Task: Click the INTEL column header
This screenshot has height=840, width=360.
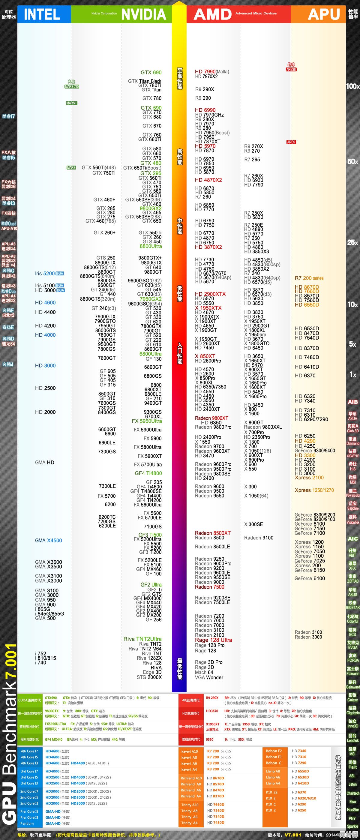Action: pyautogui.click(x=42, y=14)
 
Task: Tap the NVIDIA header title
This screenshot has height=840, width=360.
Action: pyautogui.click(x=143, y=14)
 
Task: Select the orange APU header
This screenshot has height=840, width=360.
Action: pyautogui.click(x=323, y=14)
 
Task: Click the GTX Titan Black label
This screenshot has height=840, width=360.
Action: pyautogui.click(x=145, y=81)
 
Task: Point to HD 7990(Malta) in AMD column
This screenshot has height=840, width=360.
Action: pyautogui.click(x=212, y=72)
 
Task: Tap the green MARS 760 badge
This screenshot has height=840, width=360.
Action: pyautogui.click(x=72, y=86)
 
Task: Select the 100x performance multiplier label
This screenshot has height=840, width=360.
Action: pyautogui.click(x=352, y=86)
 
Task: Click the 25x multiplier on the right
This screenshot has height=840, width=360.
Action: pyautogui.click(x=352, y=243)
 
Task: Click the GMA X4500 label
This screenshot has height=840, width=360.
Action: pyautogui.click(x=48, y=540)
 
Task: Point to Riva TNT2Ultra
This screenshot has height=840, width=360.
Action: pyautogui.click(x=142, y=639)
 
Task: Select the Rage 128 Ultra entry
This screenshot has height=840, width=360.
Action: pyautogui.click(x=213, y=640)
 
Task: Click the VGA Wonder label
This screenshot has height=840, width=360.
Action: pyautogui.click(x=209, y=677)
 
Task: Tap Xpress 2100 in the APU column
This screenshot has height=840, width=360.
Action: pyautogui.click(x=309, y=477)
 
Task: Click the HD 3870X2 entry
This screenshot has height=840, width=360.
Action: pyautogui.click(x=208, y=247)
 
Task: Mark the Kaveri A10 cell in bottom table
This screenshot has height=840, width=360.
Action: pyautogui.click(x=190, y=751)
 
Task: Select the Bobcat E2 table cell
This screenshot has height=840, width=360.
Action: pyautogui.click(x=274, y=751)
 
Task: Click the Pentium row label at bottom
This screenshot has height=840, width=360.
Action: pyautogui.click(x=27, y=823)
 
